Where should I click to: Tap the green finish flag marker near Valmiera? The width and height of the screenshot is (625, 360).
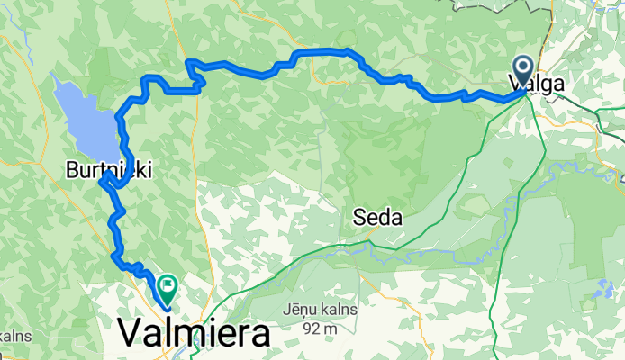(x=167, y=289)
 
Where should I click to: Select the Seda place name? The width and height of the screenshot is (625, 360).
(x=377, y=217)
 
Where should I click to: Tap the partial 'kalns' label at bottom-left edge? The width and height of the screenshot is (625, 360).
(x=15, y=335)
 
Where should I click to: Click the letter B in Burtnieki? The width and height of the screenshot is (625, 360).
(x=72, y=168)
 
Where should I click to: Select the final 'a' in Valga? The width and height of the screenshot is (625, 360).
(x=559, y=85)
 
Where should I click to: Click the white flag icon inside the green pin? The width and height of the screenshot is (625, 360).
(x=167, y=285)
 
